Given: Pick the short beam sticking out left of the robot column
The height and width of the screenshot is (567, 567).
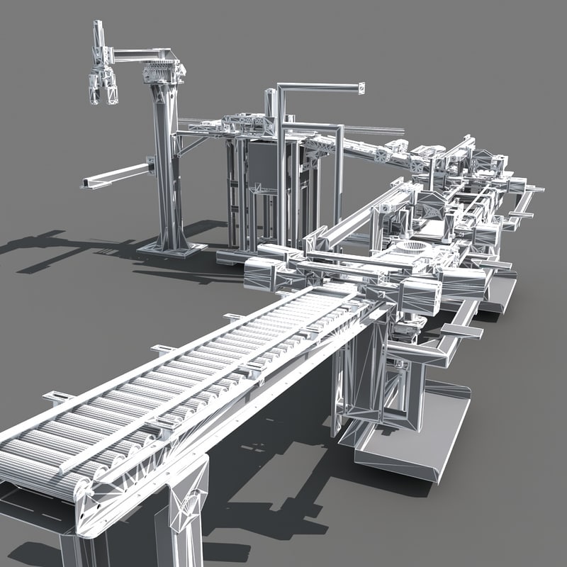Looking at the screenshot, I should [x=117, y=174].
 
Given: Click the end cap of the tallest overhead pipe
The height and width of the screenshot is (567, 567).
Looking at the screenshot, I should [x=361, y=89].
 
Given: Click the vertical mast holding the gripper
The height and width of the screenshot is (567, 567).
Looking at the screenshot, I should [x=99, y=43].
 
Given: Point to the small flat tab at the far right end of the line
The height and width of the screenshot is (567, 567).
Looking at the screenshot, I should [x=534, y=189].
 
